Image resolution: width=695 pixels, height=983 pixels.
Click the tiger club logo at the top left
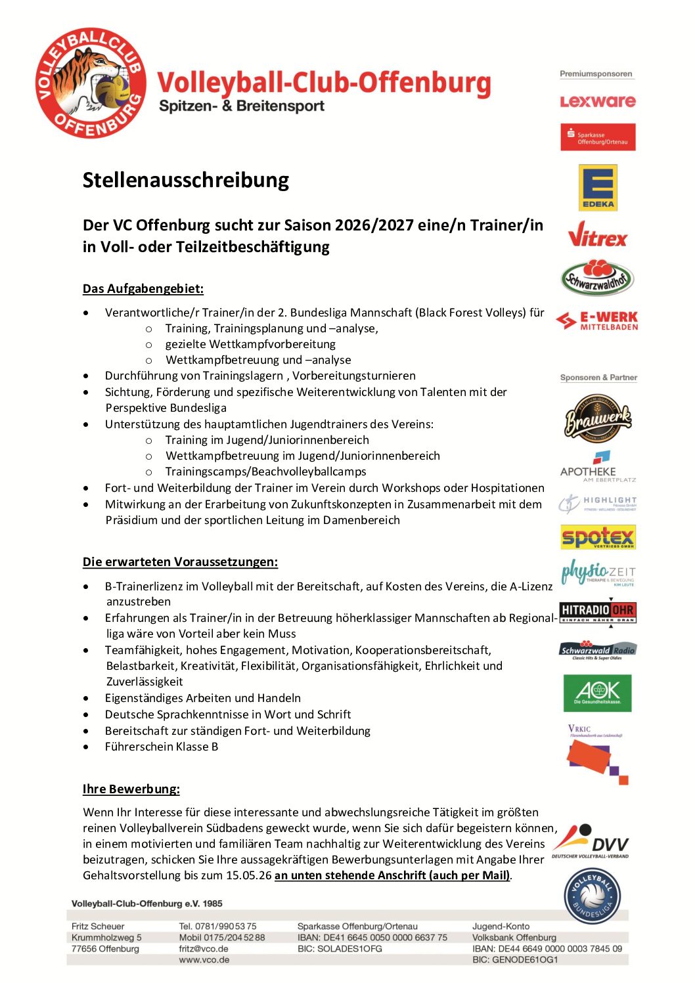[91, 83]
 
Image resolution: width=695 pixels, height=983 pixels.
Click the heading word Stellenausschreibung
[186, 180]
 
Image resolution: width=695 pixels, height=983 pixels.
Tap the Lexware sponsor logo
[598, 101]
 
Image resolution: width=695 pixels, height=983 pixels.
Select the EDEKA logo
[598, 187]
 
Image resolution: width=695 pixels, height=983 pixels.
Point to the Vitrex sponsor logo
[598, 234]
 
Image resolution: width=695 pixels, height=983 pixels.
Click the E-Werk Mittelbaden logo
[597, 320]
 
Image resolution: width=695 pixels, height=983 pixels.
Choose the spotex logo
[598, 537]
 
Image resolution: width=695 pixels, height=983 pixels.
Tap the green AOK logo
[597, 693]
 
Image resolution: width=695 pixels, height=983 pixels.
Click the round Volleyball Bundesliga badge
[593, 896]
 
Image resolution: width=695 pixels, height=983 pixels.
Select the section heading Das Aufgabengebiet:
[143, 288]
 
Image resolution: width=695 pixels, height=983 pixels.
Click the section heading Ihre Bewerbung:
[131, 789]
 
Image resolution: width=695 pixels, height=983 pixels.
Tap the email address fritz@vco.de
[204, 948]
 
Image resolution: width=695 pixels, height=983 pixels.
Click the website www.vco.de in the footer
[204, 959]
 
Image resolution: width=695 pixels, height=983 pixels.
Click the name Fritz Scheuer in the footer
[98, 926]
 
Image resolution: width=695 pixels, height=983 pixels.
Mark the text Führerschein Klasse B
[162, 747]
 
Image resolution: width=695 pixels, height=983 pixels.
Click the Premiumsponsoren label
[596, 74]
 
